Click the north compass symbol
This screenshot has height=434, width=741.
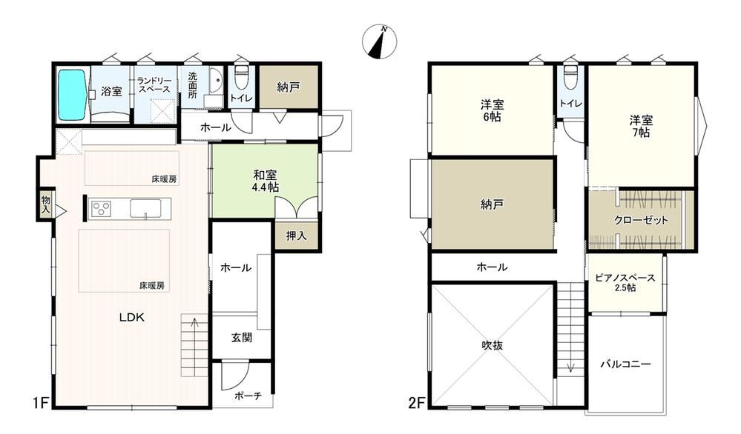[380, 42]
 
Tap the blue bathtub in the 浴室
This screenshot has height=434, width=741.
[72, 94]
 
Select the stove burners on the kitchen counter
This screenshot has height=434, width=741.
[101, 208]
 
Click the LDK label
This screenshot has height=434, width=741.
[131, 318]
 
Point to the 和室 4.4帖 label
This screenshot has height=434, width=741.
[266, 181]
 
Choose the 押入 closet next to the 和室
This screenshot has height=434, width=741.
[296, 235]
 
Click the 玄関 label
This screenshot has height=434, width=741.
[242, 338]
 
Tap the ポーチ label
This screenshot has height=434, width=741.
[248, 395]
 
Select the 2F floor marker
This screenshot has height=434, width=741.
[418, 404]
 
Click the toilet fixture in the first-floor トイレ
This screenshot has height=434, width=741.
[242, 76]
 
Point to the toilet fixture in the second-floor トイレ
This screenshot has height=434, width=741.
[570, 76]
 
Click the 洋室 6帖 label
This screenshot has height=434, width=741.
[492, 110]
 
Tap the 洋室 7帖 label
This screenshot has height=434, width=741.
[641, 126]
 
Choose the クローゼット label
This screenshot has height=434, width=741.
[642, 220]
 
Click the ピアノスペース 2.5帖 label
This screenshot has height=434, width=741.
[625, 283]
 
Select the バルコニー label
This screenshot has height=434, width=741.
[626, 364]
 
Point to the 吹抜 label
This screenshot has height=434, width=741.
[492, 345]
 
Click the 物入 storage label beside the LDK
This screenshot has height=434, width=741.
[45, 204]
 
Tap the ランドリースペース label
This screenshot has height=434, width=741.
[154, 85]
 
